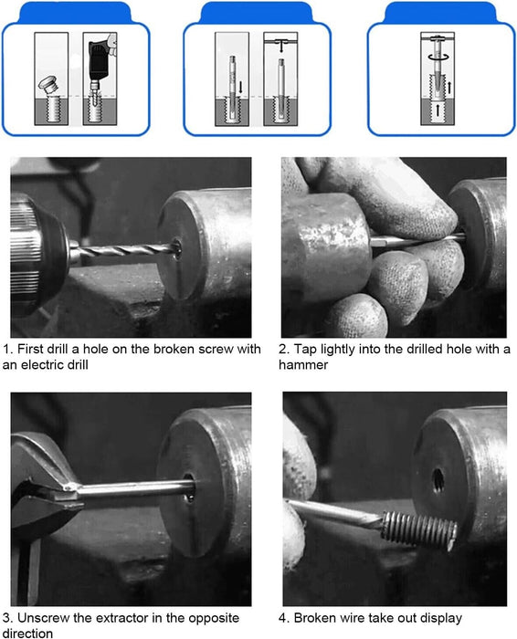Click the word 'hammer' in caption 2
(303, 365)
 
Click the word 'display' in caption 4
(441, 619)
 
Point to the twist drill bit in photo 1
(124, 249)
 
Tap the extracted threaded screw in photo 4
(419, 529)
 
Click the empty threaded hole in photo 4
(438, 479)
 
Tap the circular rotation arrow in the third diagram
(438, 57)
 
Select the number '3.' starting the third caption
(7, 618)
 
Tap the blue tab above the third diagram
(440, 12)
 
